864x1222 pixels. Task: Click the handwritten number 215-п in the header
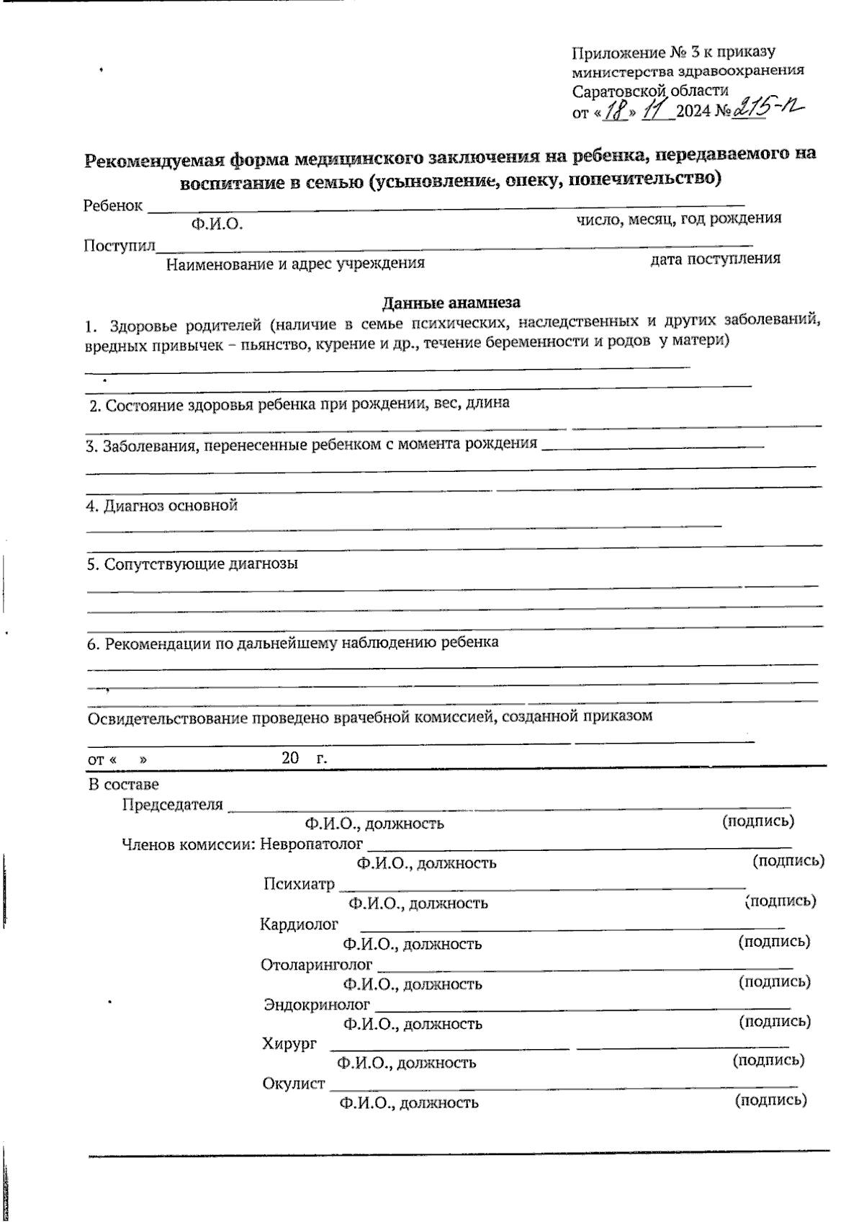point(767,108)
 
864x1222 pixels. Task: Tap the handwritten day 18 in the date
point(615,111)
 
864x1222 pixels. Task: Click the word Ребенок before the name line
point(113,205)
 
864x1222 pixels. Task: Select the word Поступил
point(120,246)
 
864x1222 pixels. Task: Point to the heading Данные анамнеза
point(451,303)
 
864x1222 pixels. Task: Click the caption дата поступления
point(715,259)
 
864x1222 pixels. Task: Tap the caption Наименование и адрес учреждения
point(295,264)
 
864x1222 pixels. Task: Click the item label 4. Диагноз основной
point(162,505)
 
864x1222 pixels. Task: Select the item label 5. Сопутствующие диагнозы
point(192,563)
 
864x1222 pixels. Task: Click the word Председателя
point(173,804)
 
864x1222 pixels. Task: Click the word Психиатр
point(299,883)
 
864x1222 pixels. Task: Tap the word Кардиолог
point(299,924)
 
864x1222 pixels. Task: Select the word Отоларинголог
point(317,964)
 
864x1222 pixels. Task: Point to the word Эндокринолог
point(317,1004)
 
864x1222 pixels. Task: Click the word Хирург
point(289,1043)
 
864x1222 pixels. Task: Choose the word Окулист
point(294,1083)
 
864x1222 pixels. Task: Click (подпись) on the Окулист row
point(770,1100)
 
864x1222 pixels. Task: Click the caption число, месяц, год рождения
point(678,218)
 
